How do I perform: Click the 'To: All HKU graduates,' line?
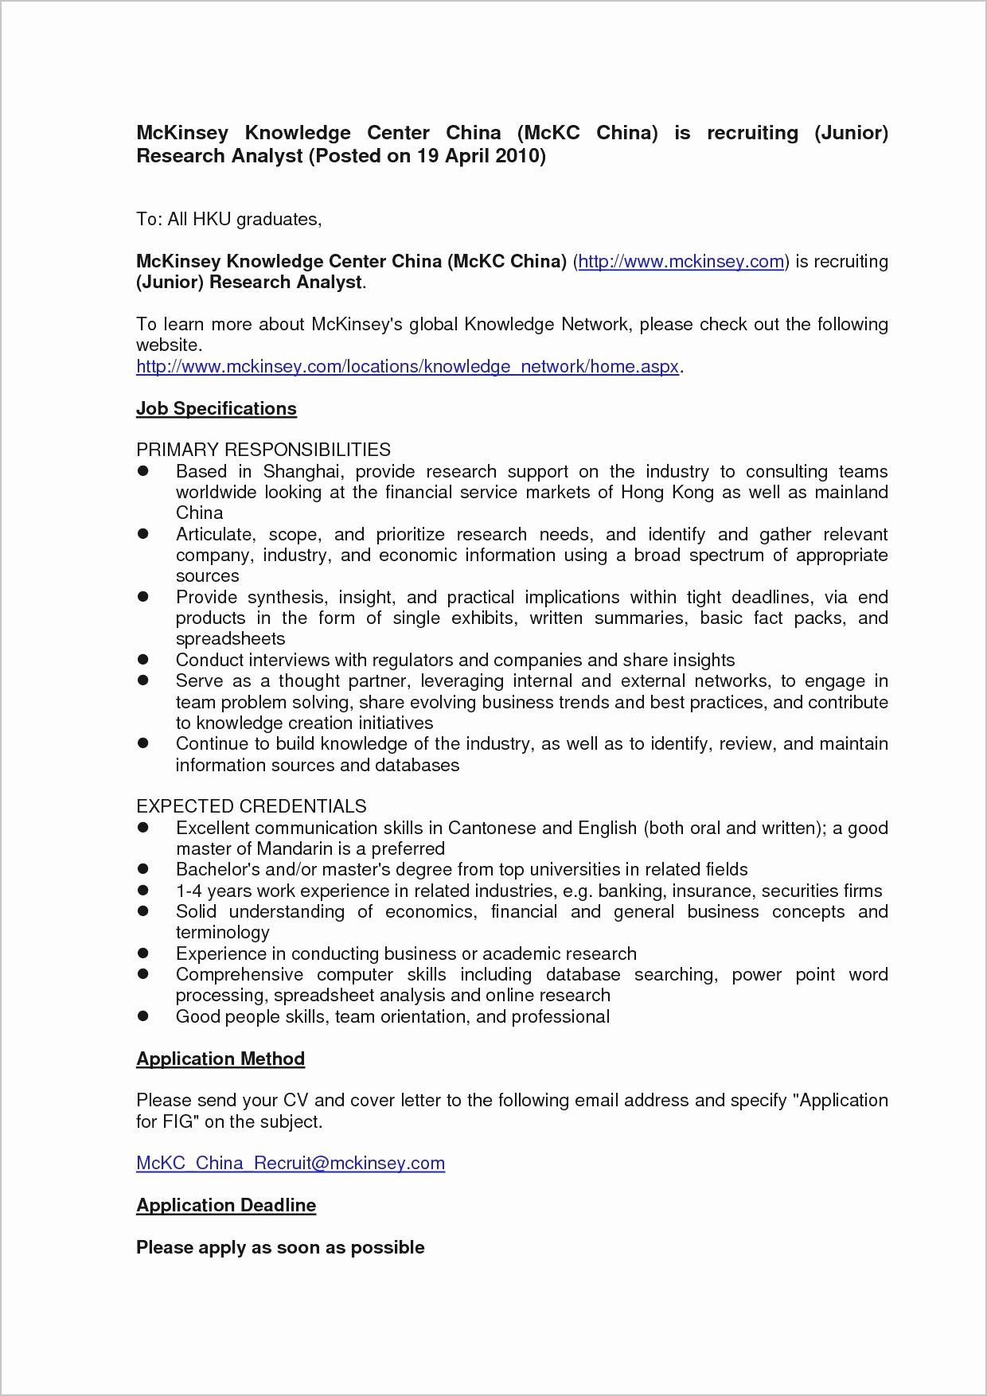click(228, 219)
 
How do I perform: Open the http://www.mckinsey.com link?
click(681, 261)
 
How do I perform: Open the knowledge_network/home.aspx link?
click(408, 366)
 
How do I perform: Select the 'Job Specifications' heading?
click(216, 408)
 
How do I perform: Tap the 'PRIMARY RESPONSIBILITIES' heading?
click(263, 450)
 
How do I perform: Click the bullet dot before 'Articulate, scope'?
click(143, 534)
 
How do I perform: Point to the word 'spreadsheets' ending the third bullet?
click(230, 638)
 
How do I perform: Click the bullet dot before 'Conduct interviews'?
click(143, 660)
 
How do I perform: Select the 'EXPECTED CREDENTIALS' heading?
click(251, 806)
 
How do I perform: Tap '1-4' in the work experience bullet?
click(189, 891)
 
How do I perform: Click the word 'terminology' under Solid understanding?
click(222, 932)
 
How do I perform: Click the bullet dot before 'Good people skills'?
click(143, 1016)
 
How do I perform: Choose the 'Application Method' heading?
click(220, 1059)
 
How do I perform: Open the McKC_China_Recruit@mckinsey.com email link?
click(290, 1163)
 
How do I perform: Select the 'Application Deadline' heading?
click(225, 1205)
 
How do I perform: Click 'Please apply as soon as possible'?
click(279, 1247)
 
